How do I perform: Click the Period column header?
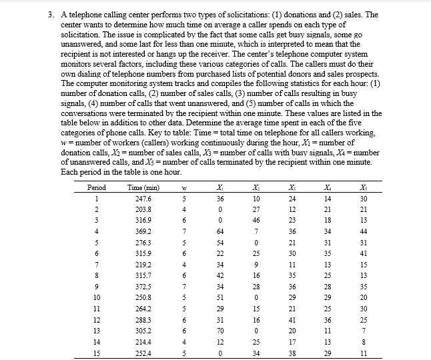[x=97, y=189]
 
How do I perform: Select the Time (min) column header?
[x=143, y=189]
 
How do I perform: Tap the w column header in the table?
[x=183, y=189]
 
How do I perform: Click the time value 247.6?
[x=143, y=200]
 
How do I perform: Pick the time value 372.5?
[x=143, y=286]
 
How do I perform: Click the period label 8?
[x=97, y=275]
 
